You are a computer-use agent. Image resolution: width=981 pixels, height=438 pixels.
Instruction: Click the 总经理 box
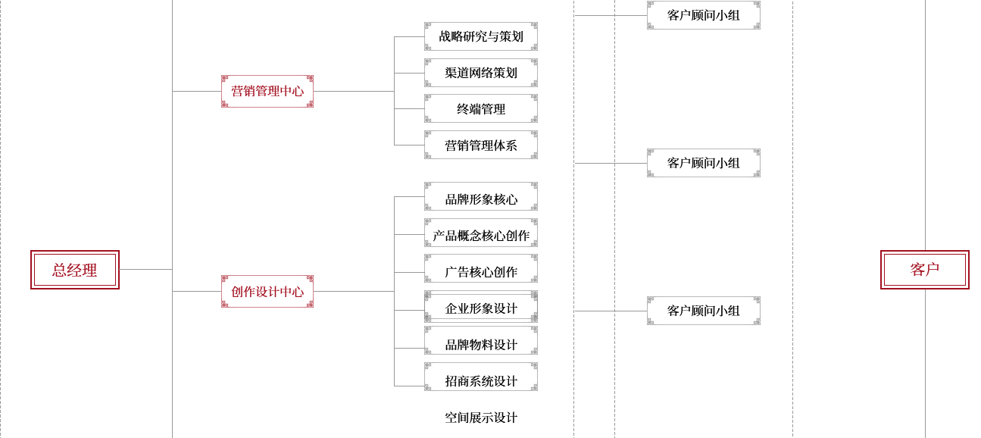(75, 270)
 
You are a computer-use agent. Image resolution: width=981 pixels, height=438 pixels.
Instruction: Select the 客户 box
(924, 270)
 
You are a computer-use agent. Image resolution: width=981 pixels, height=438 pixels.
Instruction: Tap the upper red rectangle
(267, 91)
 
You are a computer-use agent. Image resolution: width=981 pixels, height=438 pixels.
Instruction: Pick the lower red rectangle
(267, 291)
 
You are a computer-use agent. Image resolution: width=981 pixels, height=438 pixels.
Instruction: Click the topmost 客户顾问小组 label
(703, 15)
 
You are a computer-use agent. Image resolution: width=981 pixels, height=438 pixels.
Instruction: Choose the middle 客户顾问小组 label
(703, 163)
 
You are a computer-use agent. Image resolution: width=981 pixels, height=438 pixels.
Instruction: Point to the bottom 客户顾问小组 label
(703, 311)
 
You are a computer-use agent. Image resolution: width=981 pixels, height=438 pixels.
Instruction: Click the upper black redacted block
(481, 91)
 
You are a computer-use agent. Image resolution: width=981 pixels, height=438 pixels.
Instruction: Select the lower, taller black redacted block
(481, 308)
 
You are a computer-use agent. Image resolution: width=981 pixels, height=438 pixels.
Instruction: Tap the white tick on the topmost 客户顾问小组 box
(758, 15)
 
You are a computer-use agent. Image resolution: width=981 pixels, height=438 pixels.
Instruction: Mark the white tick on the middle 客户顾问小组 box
(758, 163)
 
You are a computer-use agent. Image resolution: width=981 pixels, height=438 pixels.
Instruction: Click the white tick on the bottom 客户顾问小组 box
(758, 311)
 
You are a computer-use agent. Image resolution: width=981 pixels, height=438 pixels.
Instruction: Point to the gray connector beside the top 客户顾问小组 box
(593, 14)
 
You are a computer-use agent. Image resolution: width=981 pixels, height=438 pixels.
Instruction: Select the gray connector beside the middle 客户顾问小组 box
(593, 162)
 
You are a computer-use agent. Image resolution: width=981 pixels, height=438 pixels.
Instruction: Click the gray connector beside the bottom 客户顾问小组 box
(593, 310)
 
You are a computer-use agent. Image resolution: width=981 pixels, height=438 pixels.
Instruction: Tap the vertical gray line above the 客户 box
(924, 121)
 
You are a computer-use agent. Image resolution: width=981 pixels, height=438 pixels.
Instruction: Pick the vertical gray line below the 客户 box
(924, 364)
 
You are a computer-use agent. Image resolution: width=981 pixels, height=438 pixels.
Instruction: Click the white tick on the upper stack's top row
(535, 36)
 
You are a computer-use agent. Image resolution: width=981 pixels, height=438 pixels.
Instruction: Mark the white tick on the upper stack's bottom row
(535, 145)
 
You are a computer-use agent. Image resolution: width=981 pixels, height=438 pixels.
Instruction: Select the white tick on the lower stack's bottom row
(535, 377)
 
